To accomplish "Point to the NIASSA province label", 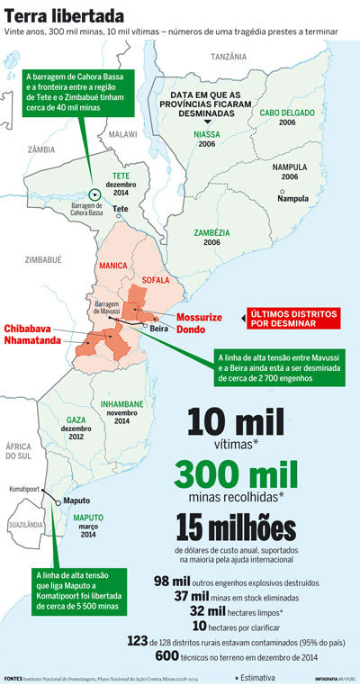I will (x=206, y=134).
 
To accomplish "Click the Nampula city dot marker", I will (x=281, y=198).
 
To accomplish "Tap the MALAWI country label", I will (x=121, y=133).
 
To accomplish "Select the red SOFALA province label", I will (x=156, y=280).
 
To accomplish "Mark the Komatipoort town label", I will (x=23, y=490).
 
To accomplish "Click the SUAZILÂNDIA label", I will (x=27, y=523).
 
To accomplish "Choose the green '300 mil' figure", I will (x=238, y=474).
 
